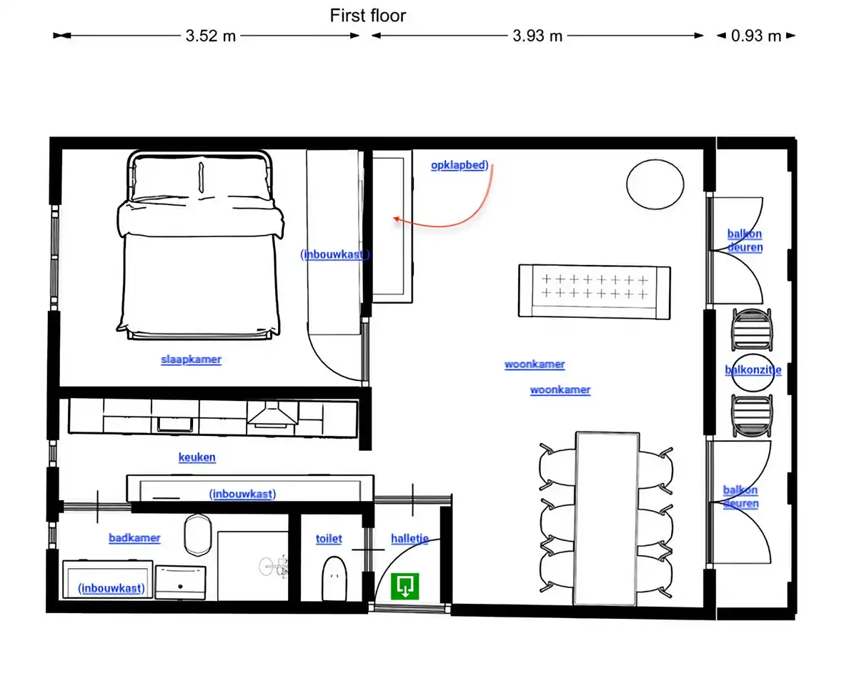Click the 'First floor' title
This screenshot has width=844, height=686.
point(367,16)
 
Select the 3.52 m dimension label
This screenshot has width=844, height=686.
point(210,36)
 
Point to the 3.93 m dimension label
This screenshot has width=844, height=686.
point(537,36)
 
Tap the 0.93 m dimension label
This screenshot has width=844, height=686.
point(755,36)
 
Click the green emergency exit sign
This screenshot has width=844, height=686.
point(404,586)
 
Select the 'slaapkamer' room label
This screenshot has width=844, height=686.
point(191,359)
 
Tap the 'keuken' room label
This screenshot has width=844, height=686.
point(197,457)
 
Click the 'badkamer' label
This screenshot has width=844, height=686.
point(134,538)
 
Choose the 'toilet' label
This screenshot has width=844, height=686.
point(329,539)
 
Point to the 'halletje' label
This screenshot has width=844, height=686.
point(409,539)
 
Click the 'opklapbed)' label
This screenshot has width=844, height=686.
point(460,165)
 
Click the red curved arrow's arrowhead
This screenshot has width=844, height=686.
point(397,219)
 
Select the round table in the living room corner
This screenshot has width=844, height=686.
point(655,184)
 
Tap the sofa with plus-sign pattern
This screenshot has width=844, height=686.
point(595,292)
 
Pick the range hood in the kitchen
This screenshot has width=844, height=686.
point(272,415)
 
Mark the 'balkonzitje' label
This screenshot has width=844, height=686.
point(753,370)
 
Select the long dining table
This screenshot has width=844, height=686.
point(607,518)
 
